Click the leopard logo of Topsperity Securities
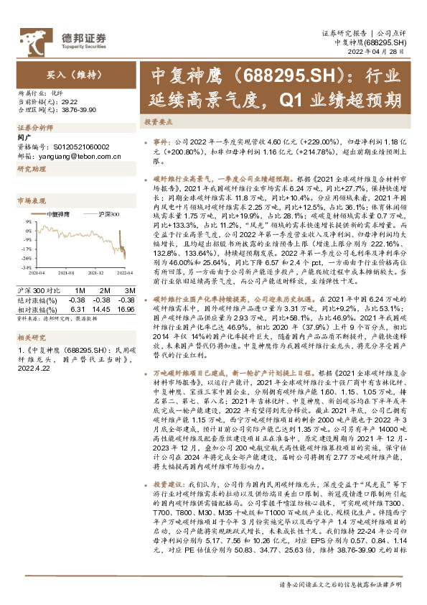pyautogui.click(x=32, y=37)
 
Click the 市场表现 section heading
pyautogui.click(x=29, y=201)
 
